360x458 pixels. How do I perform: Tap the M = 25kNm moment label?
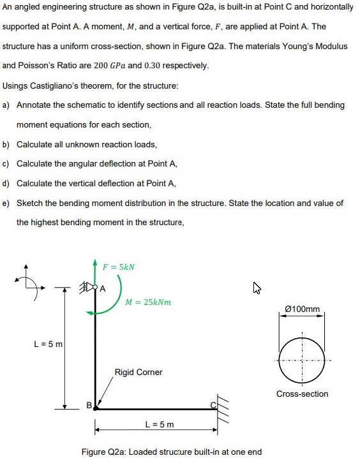click(148, 301)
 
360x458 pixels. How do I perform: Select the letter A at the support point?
click(102, 288)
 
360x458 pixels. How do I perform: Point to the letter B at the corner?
click(89, 404)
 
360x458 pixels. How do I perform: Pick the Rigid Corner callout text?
click(139, 372)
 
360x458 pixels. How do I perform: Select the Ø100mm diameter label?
click(303, 309)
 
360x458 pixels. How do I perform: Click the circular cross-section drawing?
click(302, 360)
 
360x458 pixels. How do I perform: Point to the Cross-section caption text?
click(302, 394)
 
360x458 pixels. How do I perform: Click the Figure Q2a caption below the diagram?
click(172, 452)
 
